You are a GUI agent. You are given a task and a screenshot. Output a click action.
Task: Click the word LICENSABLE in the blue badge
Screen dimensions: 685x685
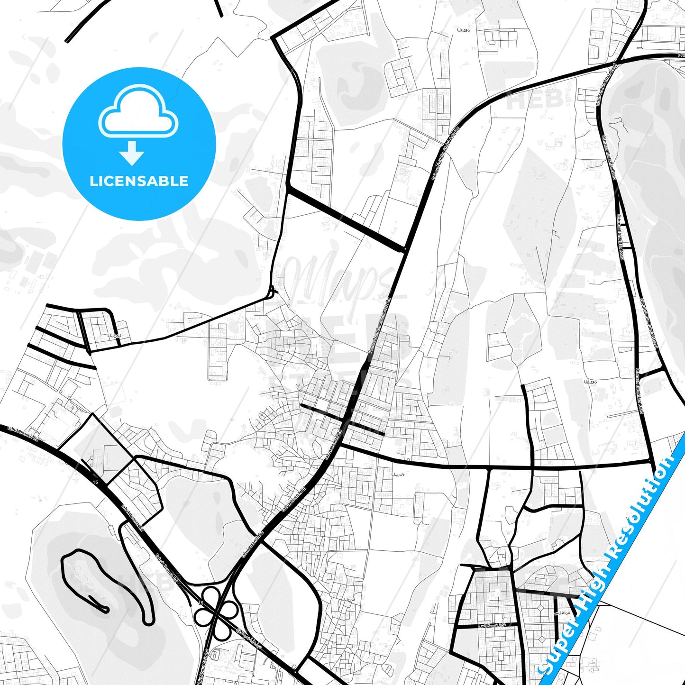tap(139, 181)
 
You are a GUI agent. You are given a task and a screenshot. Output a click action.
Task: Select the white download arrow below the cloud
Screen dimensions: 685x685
tap(132, 153)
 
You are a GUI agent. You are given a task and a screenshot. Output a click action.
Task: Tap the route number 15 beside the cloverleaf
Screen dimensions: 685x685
tap(201, 603)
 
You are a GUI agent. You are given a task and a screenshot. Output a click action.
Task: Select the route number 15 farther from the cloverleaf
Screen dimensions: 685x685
tap(95, 482)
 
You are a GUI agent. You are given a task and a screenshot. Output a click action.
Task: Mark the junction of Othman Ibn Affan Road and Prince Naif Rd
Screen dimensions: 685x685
tap(616, 62)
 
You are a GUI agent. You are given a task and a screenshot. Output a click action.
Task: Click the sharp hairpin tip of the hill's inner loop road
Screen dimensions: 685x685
tap(105, 609)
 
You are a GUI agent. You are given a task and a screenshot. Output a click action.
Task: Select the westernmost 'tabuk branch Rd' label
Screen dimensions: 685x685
tap(24, 434)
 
